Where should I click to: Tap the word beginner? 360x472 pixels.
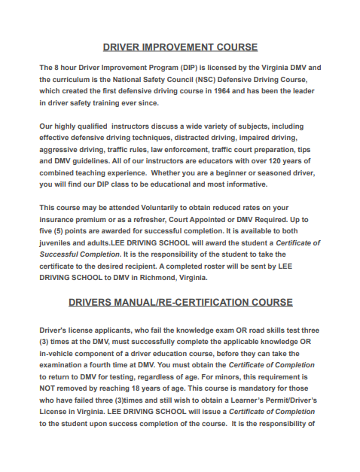click(242, 172)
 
